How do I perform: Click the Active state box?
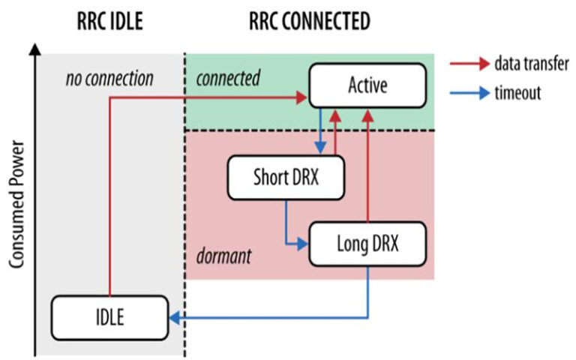click(367, 85)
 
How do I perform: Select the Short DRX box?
click(284, 178)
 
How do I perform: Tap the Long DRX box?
click(367, 244)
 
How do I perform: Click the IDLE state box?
click(109, 317)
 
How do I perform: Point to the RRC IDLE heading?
click(109, 22)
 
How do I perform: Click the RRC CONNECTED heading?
click(309, 22)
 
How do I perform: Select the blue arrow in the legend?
click(468, 93)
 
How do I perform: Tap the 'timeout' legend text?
click(518, 93)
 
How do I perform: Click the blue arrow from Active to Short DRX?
click(320, 130)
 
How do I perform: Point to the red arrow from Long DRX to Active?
click(367, 165)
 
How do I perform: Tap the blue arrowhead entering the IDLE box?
click(173, 318)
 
